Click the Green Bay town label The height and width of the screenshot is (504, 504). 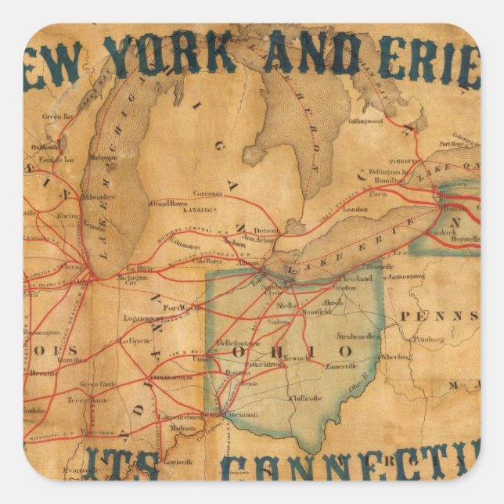coord(56,117)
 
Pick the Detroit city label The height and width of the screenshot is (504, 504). coord(266,231)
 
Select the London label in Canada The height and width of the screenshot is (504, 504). coord(355,210)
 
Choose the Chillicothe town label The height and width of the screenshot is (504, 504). coord(305,398)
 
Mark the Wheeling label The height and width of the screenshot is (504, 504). coord(394,356)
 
